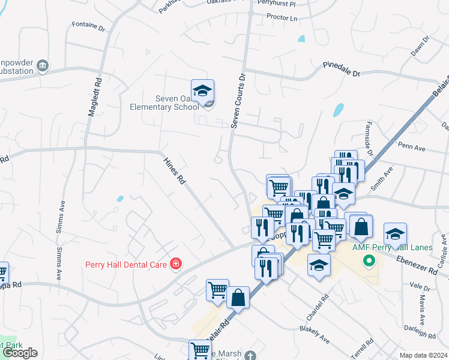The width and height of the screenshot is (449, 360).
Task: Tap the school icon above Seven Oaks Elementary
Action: (x=203, y=91)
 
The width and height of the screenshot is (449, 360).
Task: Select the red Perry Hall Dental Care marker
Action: (x=175, y=264)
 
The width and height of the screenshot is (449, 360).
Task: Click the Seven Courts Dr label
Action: (x=238, y=101)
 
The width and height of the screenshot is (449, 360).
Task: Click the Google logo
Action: (x=19, y=353)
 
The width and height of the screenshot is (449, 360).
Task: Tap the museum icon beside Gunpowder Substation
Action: (x=42, y=65)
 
